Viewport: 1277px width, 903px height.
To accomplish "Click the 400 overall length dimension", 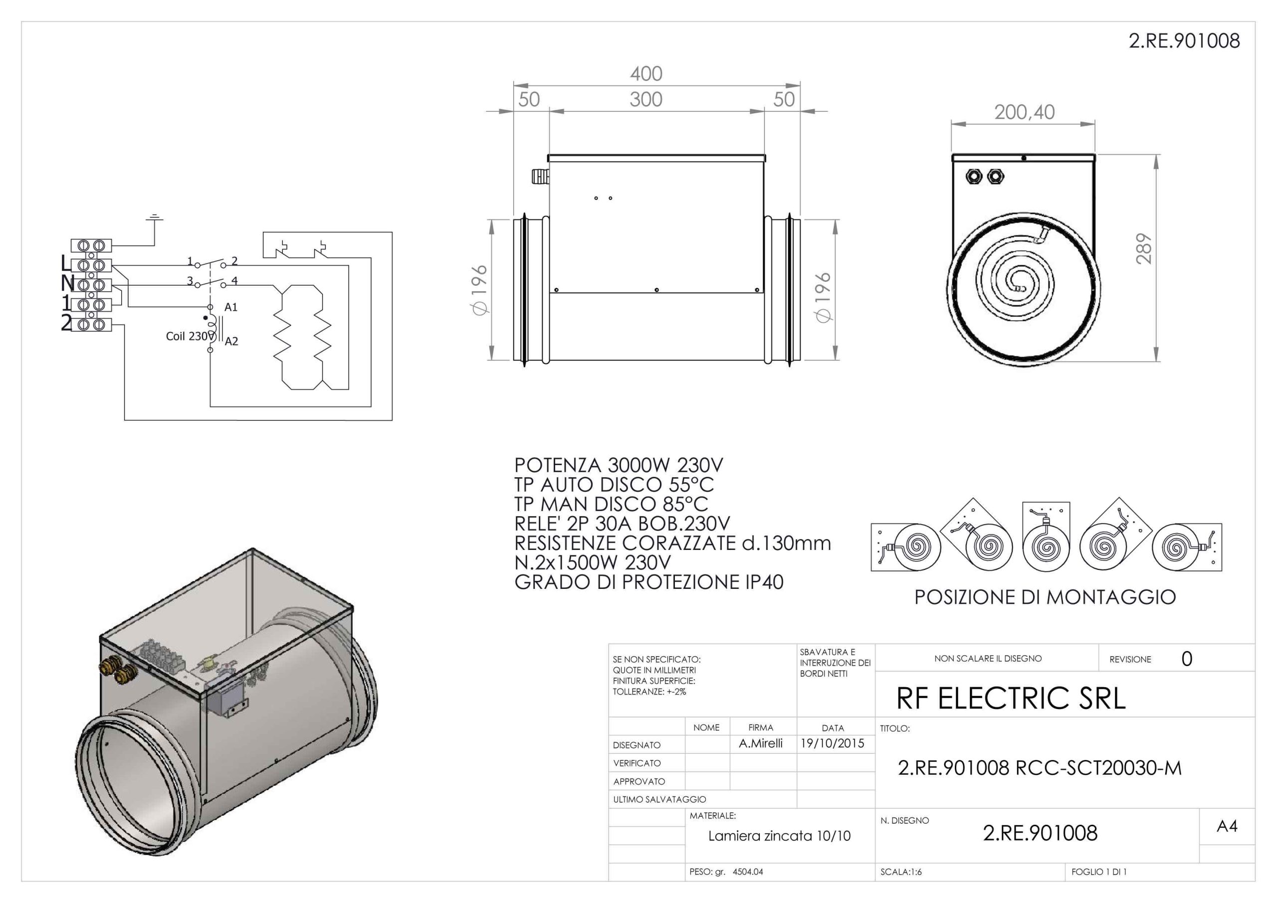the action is click(x=645, y=74).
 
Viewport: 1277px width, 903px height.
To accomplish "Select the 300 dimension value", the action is click(x=645, y=100).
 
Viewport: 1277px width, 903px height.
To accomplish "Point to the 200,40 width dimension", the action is click(x=1024, y=112).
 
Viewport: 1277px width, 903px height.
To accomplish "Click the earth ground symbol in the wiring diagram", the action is click(x=155, y=217).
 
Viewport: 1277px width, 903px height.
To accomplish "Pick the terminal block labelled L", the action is click(x=92, y=265).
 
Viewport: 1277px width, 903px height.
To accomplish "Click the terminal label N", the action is click(x=67, y=284).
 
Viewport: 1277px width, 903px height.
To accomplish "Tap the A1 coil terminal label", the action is click(x=231, y=308).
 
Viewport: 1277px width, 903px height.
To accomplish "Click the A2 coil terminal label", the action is click(x=231, y=342).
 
